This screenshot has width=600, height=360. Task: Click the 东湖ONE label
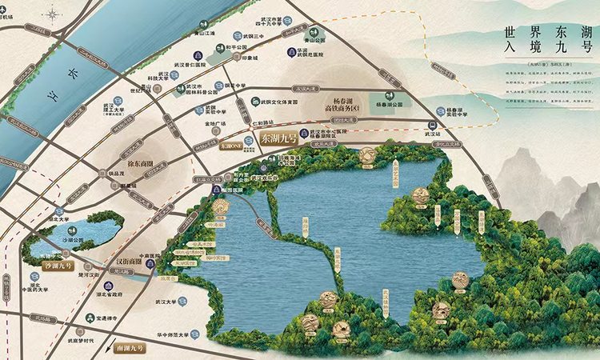pos(231,146)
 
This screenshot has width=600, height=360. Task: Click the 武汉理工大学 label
pos(118,106)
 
